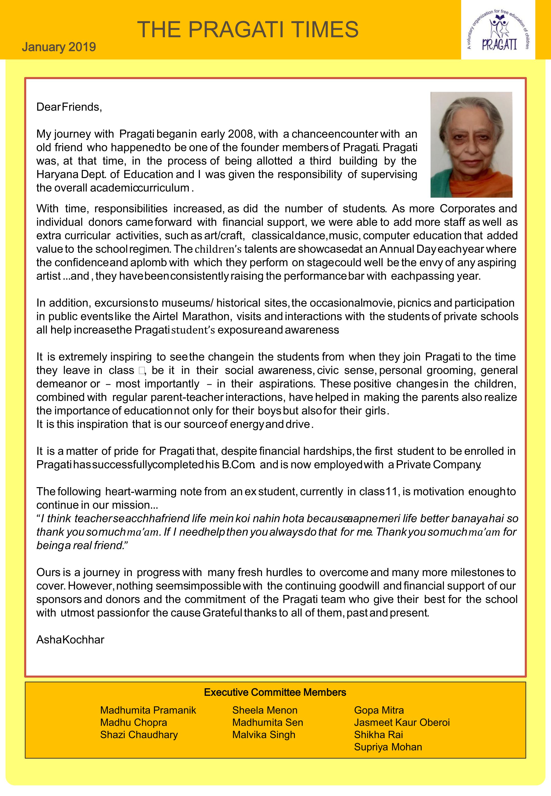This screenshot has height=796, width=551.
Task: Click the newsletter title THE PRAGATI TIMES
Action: point(248,29)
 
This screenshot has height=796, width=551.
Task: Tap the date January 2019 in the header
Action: point(59,47)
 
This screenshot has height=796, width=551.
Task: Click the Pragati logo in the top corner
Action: point(498,30)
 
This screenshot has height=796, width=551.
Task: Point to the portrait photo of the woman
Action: point(471,145)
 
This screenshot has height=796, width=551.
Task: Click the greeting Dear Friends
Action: point(69,107)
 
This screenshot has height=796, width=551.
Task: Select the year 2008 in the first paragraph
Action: point(241,134)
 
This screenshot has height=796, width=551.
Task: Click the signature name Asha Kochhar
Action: point(70,640)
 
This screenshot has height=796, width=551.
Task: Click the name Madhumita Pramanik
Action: point(148,710)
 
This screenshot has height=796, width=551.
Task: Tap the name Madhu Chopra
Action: point(134,723)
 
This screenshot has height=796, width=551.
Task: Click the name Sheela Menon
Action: point(265,710)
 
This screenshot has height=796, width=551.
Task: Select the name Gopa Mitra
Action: point(379,710)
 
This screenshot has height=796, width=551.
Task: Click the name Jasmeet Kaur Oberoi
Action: point(402,723)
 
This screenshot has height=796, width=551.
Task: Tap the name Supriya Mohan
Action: point(388,747)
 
